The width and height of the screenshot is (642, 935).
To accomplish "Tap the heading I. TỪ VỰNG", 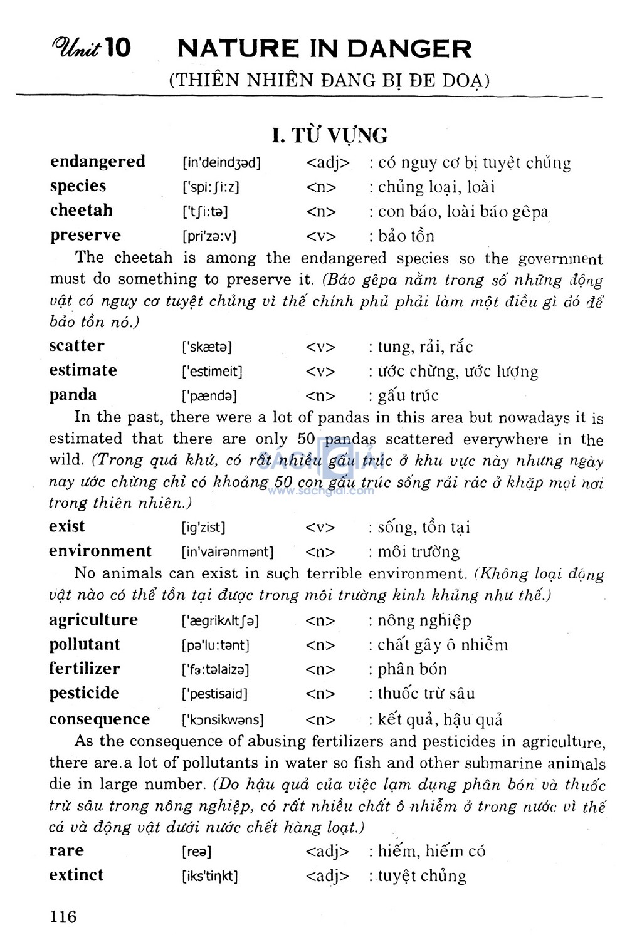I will tap(329, 135).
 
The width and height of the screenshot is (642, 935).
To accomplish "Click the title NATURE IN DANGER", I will tap(325, 49).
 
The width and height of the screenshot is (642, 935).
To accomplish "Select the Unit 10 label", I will tap(92, 47).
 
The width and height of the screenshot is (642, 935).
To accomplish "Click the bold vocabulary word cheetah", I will tap(81, 211).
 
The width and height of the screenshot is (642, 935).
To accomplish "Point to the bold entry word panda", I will tap(73, 395).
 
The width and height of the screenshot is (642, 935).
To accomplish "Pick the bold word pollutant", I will tap(85, 644).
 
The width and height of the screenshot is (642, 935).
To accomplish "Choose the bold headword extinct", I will tap(76, 875).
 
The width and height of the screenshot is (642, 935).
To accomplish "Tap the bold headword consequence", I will tap(99, 719).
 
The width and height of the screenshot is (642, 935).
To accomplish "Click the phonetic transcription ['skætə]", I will tap(206, 347).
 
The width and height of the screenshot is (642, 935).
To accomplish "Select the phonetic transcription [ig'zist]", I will tap(203, 527).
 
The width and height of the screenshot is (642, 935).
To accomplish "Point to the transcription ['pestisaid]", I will tap(214, 694).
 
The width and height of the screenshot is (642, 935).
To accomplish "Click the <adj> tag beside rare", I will tap(327, 852).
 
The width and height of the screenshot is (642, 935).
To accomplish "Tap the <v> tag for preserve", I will tap(321, 236).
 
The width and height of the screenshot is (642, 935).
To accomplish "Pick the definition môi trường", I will tap(418, 552).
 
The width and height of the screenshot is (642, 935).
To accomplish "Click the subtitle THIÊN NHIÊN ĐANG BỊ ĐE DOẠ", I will tap(329, 81).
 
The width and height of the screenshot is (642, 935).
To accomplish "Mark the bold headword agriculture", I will tap(93, 620).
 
